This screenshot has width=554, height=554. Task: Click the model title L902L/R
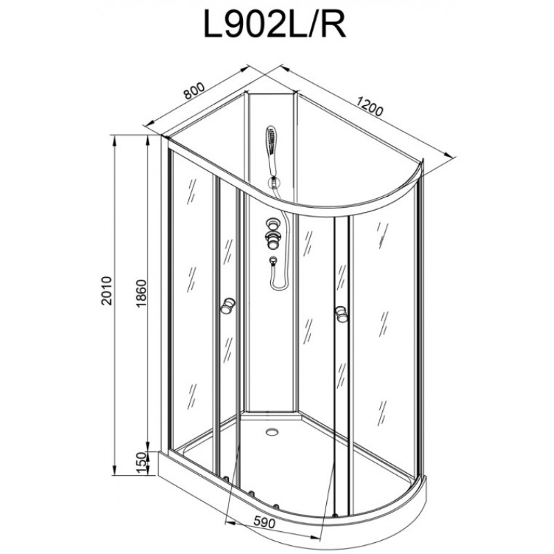point(274,25)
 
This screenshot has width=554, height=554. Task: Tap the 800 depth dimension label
point(194,91)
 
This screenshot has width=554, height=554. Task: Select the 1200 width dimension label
point(370,107)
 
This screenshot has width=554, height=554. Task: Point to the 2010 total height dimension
point(106,291)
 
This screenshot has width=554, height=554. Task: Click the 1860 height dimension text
point(141,293)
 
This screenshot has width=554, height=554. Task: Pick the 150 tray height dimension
point(141,463)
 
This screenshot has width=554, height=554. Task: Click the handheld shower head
point(271,150)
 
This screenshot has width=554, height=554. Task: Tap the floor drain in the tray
point(271,431)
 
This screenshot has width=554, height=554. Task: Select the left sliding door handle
point(228,305)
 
